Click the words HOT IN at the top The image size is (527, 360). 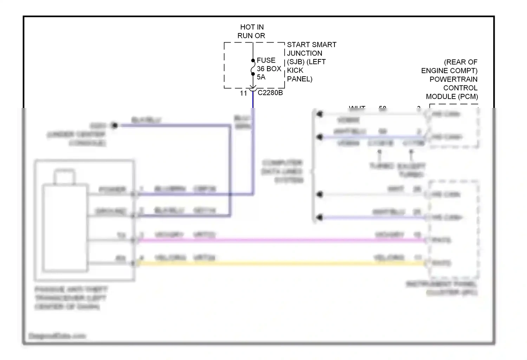(x=252, y=27)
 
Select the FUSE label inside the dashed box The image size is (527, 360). (x=266, y=60)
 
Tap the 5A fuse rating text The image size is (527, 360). (x=261, y=77)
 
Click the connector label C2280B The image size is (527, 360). (x=270, y=93)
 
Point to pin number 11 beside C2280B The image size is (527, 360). (x=243, y=93)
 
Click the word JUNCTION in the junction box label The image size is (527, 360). (x=304, y=53)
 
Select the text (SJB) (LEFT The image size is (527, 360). (x=306, y=62)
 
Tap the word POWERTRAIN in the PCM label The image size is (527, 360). (x=453, y=79)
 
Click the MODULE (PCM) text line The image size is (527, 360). (x=452, y=96)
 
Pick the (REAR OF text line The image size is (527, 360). (x=460, y=62)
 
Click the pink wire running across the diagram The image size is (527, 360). (x=281, y=240)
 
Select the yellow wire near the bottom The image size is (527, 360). (x=281, y=263)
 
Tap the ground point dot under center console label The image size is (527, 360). (x=114, y=126)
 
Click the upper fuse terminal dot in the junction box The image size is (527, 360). (x=253, y=60)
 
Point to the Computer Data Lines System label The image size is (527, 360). (x=282, y=172)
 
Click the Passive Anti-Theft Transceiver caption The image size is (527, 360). (x=71, y=298)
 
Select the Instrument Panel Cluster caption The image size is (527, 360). (x=442, y=288)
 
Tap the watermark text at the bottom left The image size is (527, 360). (x=57, y=336)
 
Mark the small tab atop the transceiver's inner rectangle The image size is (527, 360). (x=64, y=177)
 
